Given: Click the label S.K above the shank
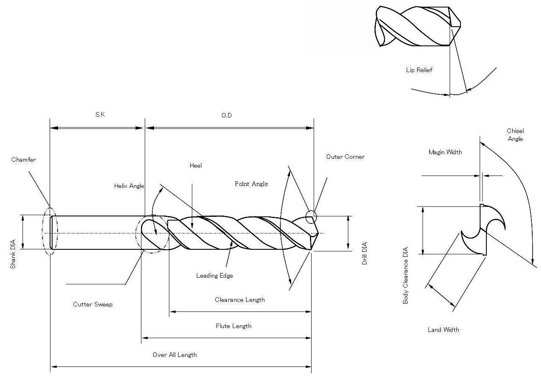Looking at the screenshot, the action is pos(100,114).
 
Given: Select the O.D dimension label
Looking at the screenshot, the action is pos(226,115).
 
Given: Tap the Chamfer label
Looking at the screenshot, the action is pos(23,160).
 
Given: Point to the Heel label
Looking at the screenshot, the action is pos(196,166).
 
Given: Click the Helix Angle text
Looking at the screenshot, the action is pos(129,186).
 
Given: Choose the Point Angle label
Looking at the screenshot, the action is pos(252,184).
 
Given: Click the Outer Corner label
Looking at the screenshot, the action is pos(345,157).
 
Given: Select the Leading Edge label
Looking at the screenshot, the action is pos(214,276).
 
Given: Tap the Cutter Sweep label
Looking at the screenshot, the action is pos(93,304).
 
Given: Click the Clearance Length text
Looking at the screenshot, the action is pos(239,300).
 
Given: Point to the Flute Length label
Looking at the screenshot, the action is pos(234,326).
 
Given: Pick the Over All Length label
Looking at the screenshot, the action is pos(175,355).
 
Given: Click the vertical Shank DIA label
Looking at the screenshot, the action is pos(13,254).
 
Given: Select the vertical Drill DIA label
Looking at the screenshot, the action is pos(365,253).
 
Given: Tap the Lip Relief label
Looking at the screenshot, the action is pos(419,70).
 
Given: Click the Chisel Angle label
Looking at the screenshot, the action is pos(515,135).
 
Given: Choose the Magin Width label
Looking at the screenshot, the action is pos(445,152).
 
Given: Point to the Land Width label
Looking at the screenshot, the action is pos(443,329).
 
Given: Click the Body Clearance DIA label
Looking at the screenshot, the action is pos(405,275).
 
